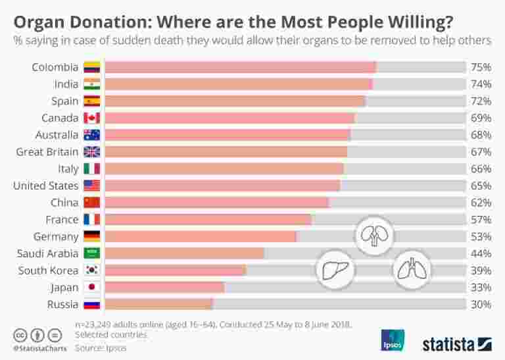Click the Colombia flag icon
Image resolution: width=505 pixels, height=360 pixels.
click(91, 67)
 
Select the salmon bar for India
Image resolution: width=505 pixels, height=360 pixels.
click(238, 84)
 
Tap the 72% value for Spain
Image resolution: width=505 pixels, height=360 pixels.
click(481, 101)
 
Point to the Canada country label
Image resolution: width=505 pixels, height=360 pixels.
click(60, 118)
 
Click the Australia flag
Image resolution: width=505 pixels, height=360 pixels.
click(91, 135)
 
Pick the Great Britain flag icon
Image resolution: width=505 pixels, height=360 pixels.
click(91, 152)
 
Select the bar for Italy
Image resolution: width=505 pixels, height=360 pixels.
click(224, 168)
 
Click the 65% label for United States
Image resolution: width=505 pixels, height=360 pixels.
click(481, 186)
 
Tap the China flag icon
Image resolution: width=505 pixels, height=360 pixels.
click(91, 203)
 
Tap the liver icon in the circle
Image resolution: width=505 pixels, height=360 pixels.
click(335, 269)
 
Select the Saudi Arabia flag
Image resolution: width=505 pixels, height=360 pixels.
click(91, 253)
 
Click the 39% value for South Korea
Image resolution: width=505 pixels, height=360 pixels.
click(481, 270)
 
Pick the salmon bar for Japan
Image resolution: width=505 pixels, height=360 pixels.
click(164, 287)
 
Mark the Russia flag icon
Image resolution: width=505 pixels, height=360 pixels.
click(91, 304)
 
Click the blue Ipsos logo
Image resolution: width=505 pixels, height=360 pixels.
click(393, 340)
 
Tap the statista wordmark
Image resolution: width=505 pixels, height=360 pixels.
click(448, 343)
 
